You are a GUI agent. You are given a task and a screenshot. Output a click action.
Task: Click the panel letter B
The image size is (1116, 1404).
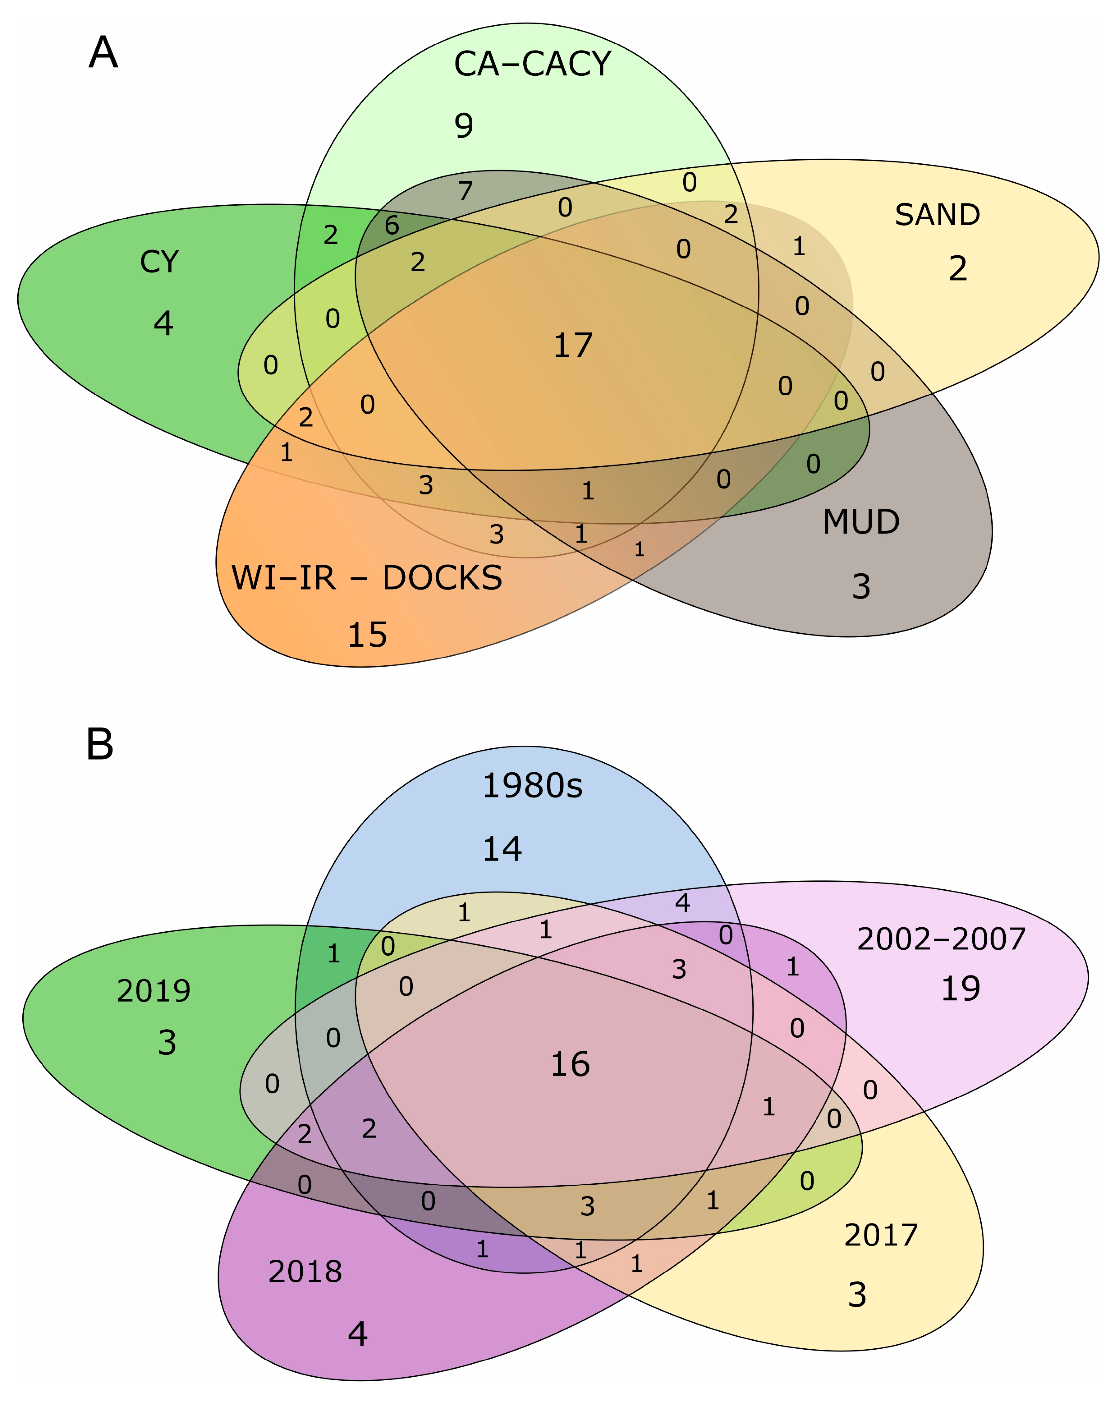(x=100, y=744)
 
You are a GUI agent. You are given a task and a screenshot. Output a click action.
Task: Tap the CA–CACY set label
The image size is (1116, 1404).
(x=532, y=64)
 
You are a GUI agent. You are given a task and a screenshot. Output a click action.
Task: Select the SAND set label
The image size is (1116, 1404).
(x=937, y=215)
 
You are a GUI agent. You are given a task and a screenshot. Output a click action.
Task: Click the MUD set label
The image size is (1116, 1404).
(x=861, y=522)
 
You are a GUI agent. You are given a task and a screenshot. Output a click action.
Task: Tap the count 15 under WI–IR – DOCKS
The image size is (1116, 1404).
(x=367, y=635)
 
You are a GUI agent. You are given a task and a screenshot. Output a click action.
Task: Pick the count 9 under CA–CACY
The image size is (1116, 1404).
(x=464, y=125)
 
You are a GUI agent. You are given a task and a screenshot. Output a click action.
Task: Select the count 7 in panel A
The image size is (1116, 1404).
(x=465, y=191)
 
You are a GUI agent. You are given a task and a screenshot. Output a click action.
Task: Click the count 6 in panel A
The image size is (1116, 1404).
(x=391, y=225)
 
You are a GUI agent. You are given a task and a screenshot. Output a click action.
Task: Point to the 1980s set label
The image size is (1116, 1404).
(x=532, y=786)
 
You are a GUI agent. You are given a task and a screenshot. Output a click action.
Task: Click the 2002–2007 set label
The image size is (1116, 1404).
(x=941, y=939)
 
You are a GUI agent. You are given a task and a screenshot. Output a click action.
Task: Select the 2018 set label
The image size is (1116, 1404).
(x=305, y=1272)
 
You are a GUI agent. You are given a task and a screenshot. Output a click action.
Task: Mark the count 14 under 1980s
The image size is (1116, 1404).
(x=502, y=849)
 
